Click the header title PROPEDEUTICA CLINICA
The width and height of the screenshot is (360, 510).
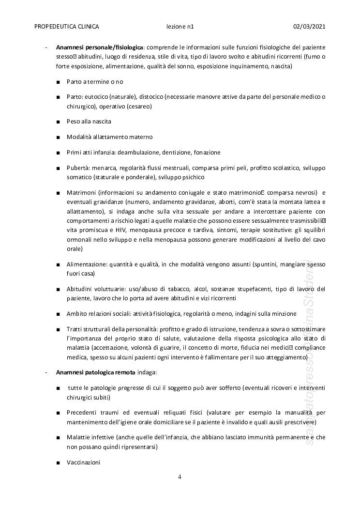click(67, 27)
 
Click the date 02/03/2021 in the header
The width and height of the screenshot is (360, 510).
click(309, 27)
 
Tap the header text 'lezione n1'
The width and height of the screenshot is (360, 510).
click(180, 27)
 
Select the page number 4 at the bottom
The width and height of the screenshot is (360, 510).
click(180, 477)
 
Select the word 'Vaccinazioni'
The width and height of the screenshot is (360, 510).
click(83, 463)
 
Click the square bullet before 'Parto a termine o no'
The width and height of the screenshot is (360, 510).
click(58, 82)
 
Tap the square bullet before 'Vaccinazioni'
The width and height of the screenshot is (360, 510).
click(58, 463)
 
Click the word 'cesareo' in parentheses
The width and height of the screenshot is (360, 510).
click(139, 106)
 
